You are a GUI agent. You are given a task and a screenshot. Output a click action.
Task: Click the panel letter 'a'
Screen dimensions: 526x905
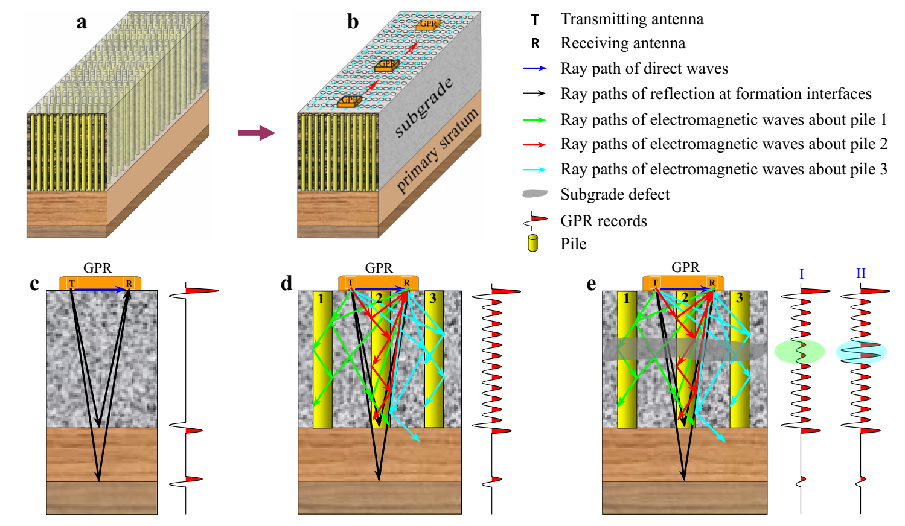82,23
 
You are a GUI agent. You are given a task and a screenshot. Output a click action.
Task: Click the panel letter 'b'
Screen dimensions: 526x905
353,22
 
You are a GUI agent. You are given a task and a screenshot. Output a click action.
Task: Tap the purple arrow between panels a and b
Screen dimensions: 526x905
256,133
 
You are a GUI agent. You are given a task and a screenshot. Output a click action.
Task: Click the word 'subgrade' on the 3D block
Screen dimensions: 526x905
424,107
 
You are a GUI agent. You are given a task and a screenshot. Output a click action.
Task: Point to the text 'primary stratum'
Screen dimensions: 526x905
437,151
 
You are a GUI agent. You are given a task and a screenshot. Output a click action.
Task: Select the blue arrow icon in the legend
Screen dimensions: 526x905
534,69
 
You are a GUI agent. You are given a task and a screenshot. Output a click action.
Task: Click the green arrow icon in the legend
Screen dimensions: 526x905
534,120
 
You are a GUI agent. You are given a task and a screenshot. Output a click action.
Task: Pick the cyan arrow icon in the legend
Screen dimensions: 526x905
534,170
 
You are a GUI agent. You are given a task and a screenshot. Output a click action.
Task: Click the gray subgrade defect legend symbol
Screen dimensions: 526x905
535,194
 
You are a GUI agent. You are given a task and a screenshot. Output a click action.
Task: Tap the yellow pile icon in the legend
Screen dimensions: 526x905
532,243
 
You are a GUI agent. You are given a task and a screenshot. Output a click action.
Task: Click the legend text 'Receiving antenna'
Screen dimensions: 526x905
622,43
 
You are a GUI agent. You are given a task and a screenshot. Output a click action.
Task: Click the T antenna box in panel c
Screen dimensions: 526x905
72,284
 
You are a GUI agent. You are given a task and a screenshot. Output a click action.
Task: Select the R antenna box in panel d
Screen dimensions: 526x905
406,283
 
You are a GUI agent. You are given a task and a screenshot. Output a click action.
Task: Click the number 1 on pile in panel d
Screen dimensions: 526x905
321,299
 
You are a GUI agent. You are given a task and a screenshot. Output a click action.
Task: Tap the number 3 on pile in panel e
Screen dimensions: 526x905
739,298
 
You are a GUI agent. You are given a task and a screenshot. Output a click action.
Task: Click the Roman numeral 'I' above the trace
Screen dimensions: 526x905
801,274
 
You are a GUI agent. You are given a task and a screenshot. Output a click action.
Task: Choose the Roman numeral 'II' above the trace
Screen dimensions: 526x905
860,274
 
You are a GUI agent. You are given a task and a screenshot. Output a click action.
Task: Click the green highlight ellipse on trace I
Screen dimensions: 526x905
799,351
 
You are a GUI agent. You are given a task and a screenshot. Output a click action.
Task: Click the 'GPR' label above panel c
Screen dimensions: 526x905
97,268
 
